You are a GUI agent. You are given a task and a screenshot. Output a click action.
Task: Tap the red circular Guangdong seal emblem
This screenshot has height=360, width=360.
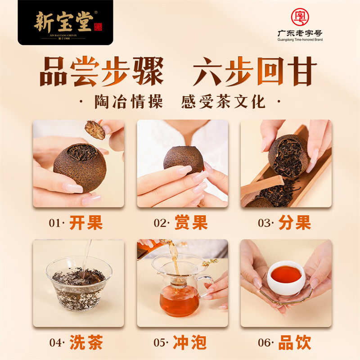pyautogui.click(x=300, y=17)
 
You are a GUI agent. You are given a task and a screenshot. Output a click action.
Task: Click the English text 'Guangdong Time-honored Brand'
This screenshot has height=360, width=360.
pyautogui.click(x=300, y=40)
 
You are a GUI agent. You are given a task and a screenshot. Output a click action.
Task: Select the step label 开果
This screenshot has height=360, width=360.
pyautogui.click(x=86, y=223)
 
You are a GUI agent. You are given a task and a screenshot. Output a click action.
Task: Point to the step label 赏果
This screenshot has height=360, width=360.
pyautogui.click(x=191, y=223)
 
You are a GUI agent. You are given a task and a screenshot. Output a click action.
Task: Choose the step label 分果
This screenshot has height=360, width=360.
pyautogui.click(x=295, y=223)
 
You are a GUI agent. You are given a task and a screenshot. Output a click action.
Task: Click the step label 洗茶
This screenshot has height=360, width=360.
pyautogui.click(x=86, y=342)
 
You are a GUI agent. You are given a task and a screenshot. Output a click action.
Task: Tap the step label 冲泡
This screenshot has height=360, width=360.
pyautogui.click(x=189, y=342)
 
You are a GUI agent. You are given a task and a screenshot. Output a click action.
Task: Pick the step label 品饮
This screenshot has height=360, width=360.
pyautogui.click(x=295, y=342)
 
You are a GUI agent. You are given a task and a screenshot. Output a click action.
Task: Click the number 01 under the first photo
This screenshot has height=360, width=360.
pyautogui.click(x=54, y=223)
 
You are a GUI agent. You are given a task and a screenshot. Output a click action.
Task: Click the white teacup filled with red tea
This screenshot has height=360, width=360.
pyautogui.click(x=286, y=278)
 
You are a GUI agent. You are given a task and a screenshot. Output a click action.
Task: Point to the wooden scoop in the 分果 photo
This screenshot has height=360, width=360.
pyautogui.click(x=262, y=184)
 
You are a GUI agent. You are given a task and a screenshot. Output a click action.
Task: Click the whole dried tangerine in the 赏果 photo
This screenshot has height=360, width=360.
pyautogui.click(x=184, y=160)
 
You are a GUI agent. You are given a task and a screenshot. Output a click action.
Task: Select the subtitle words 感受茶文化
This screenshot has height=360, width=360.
pyautogui.click(x=223, y=102)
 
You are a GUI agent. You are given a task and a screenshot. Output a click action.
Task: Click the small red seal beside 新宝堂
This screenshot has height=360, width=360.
pyautogui.click(x=98, y=27)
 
